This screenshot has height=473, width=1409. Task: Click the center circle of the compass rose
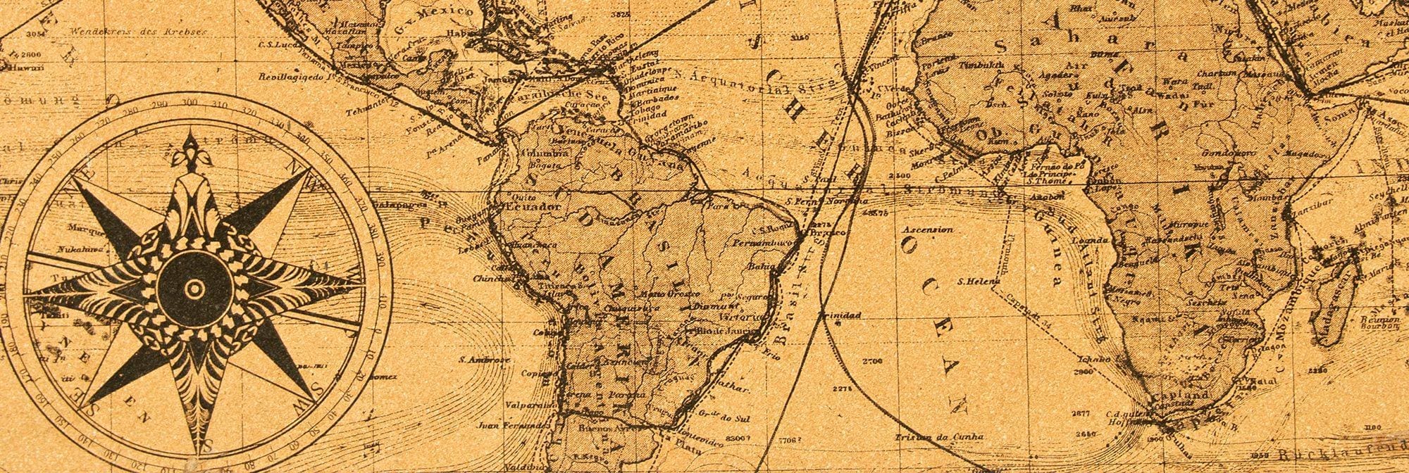(194, 289)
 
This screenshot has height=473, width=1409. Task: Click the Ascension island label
(928, 229)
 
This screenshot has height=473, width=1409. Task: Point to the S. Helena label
(979, 282)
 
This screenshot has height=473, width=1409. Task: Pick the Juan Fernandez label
(512, 425)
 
